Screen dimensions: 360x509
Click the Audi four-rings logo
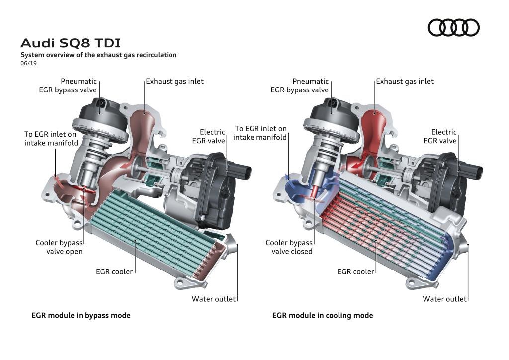453,27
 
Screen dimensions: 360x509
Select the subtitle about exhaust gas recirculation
98,55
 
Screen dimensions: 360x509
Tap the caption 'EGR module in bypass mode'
81,315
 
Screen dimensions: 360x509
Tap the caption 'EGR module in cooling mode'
323,315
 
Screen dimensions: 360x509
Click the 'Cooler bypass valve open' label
59,247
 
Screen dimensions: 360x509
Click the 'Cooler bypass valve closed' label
289,247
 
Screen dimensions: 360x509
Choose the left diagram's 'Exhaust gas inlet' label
174,81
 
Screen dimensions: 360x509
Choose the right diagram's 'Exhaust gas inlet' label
405,81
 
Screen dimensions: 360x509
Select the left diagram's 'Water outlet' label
214,299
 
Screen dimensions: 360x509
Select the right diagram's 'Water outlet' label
444,299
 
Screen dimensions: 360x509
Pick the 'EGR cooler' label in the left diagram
114,271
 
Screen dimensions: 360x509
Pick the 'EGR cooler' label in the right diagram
355,271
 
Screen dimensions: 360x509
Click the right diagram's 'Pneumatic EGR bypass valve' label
300,86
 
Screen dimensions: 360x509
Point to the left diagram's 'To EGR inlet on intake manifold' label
51,139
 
